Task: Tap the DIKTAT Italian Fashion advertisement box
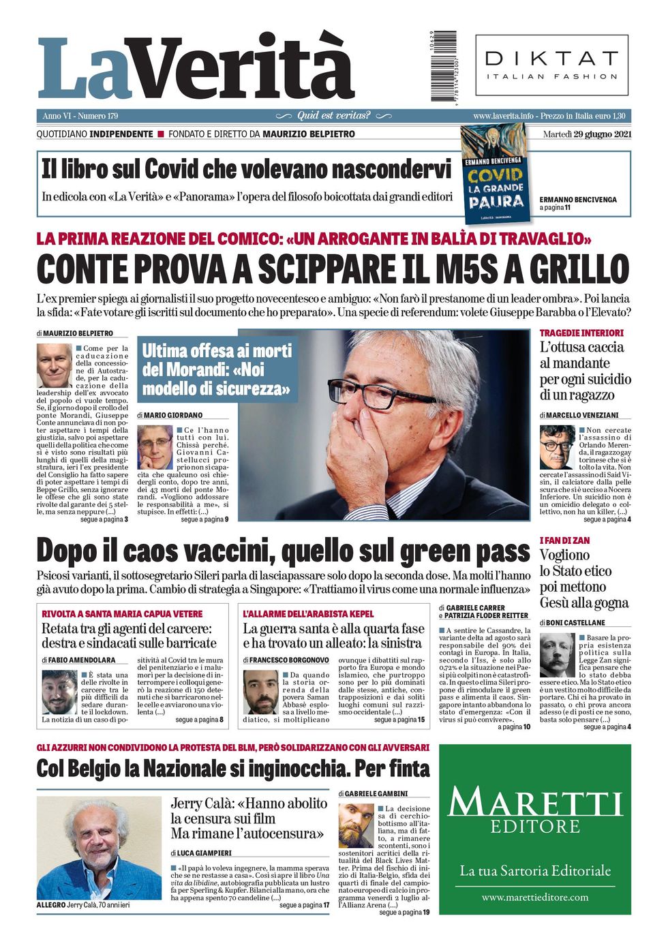[551, 65]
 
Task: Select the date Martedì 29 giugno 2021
[587, 134]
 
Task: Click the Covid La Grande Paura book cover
[496, 173]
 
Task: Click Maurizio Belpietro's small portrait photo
[54, 365]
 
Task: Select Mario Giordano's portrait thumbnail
[155, 446]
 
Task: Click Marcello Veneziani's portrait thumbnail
[557, 447]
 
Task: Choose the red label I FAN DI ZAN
[564, 540]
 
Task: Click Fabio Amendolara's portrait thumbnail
[59, 691]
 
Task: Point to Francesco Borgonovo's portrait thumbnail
[260, 691]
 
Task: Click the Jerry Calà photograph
[100, 847]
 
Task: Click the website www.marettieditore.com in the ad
[535, 897]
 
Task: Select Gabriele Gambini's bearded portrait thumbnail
[356, 825]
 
